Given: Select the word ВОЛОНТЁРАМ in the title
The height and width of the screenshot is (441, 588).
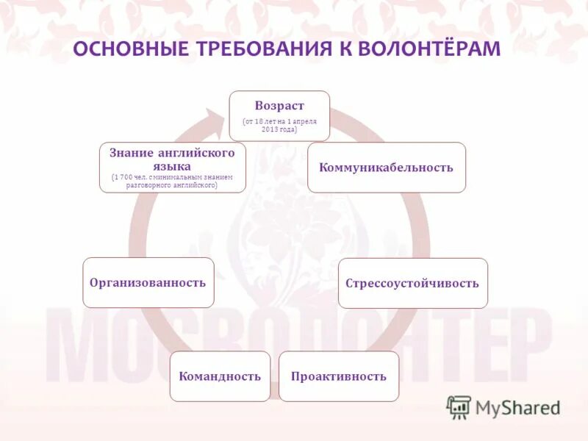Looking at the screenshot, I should pyautogui.click(x=429, y=49).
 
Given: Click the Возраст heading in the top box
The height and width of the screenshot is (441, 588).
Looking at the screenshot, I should pyautogui.click(x=279, y=106).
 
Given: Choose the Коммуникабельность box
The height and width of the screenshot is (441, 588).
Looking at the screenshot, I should pyautogui.click(x=387, y=168).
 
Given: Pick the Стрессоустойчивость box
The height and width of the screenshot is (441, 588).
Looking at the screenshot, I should pyautogui.click(x=412, y=283).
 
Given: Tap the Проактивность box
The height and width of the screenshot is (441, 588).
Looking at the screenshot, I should pyautogui.click(x=338, y=376).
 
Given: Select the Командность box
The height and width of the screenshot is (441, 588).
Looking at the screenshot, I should pyautogui.click(x=220, y=376).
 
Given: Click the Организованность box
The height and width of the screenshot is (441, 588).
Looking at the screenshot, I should pyautogui.click(x=148, y=282).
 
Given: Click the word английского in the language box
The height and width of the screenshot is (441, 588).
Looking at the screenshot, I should pyautogui.click(x=196, y=153).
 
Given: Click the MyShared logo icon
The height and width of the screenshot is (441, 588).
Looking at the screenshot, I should pyautogui.click(x=459, y=406).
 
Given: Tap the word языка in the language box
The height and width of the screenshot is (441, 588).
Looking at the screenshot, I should pyautogui.click(x=173, y=166).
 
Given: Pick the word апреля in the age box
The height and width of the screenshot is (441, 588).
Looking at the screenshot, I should pyautogui.click(x=304, y=121).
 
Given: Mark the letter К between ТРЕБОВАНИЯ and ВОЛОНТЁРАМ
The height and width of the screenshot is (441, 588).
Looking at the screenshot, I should pyautogui.click(x=342, y=49).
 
